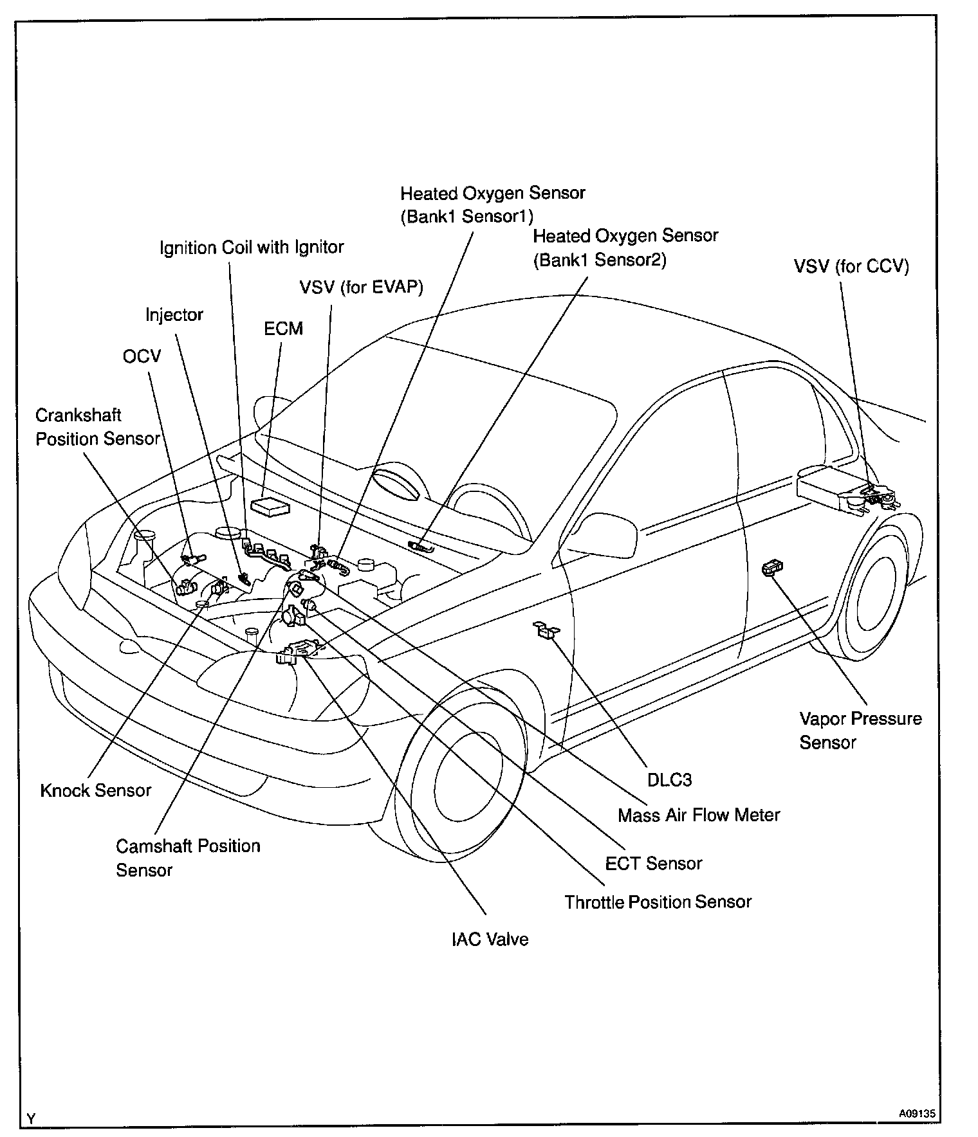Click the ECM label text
(x=283, y=329)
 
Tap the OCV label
(x=142, y=356)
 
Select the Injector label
(x=174, y=314)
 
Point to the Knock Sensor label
(x=96, y=790)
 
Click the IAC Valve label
(x=490, y=940)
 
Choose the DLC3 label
(x=670, y=780)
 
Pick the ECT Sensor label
(x=654, y=863)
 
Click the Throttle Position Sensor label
(x=658, y=902)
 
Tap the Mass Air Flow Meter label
(x=699, y=815)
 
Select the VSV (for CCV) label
(x=851, y=266)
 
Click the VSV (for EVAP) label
(x=362, y=287)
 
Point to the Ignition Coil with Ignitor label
(x=252, y=247)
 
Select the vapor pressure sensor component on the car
(x=771, y=567)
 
